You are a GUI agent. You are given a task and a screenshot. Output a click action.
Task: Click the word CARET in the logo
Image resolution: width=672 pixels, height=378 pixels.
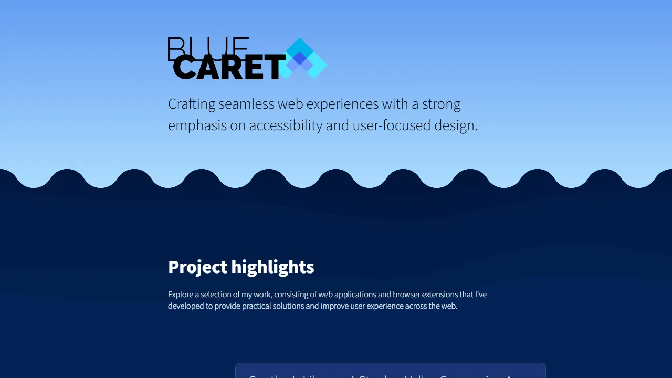[228, 68]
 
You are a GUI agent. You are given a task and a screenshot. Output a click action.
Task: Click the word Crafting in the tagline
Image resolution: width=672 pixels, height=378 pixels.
[192, 104]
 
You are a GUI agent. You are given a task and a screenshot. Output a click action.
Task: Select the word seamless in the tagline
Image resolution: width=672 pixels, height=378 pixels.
[246, 104]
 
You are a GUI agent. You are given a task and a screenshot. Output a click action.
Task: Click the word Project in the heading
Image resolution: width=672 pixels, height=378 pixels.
[198, 267]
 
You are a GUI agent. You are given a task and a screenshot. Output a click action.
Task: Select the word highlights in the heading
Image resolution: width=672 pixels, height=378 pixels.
[273, 267]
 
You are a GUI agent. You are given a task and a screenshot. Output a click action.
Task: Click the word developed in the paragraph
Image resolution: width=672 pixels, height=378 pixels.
[186, 306]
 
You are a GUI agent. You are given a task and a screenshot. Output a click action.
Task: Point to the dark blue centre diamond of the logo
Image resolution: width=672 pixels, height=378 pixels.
[299, 59]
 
